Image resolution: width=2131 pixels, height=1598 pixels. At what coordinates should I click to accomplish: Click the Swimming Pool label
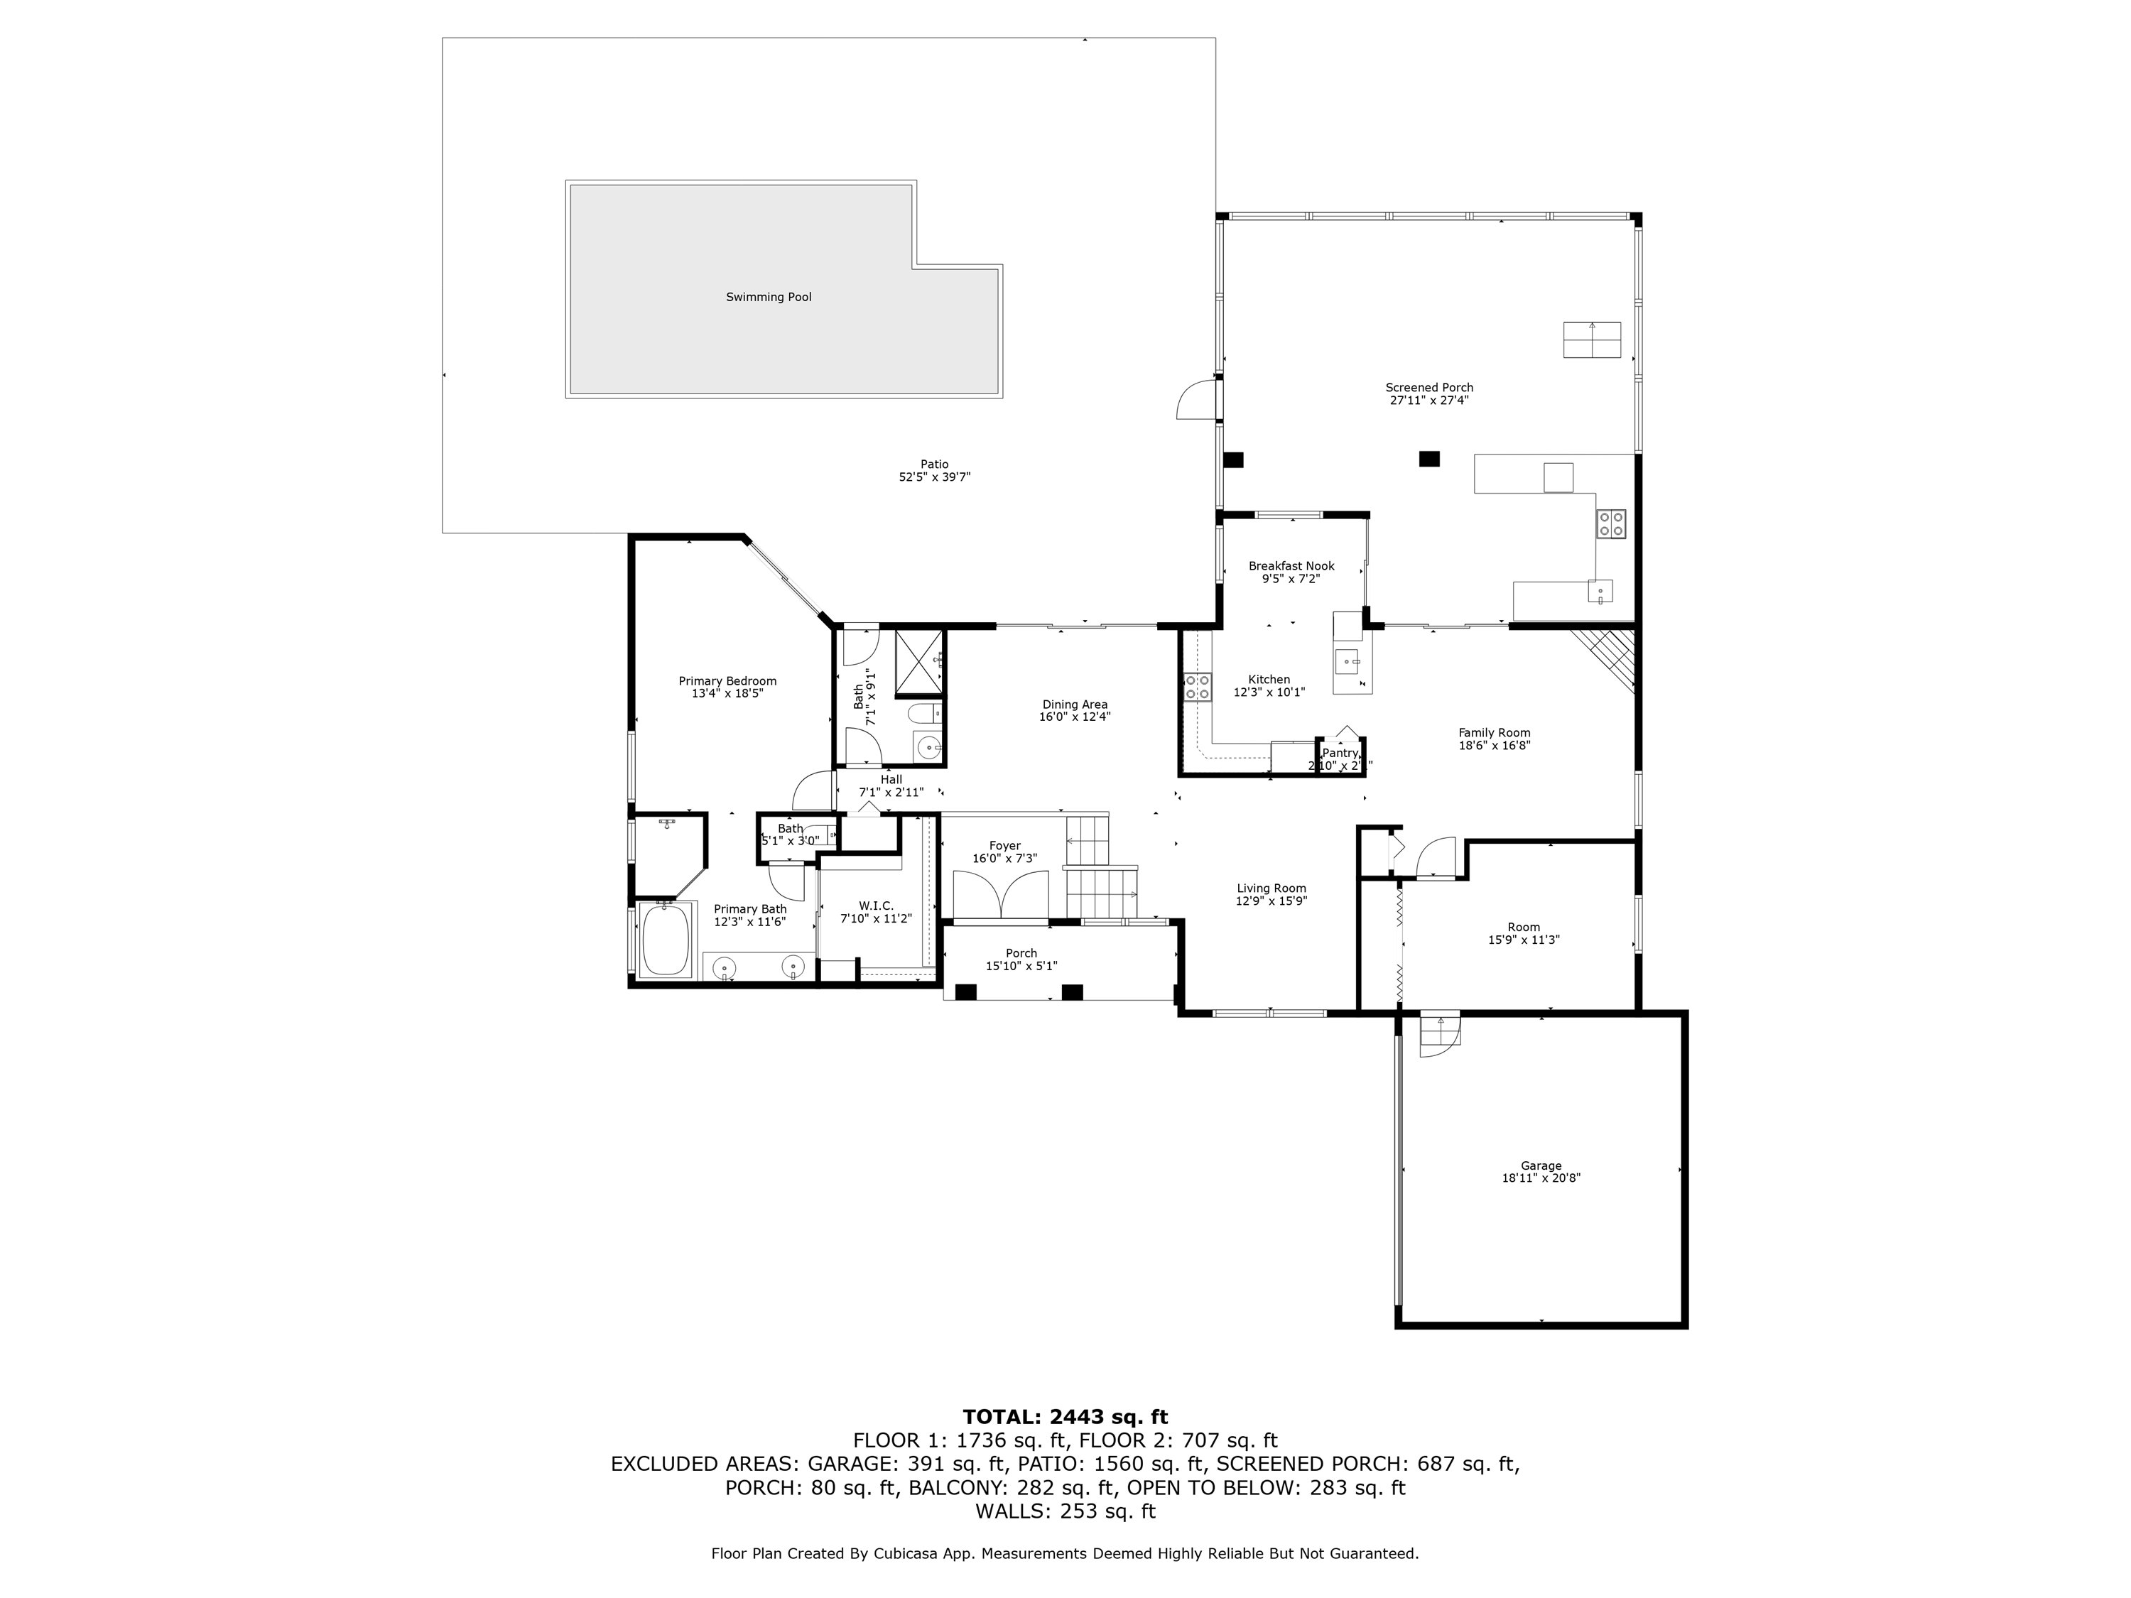point(768,297)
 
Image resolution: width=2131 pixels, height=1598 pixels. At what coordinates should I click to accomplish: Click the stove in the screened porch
point(1611,524)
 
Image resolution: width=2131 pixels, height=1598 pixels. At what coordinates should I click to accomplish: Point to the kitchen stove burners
point(1198,687)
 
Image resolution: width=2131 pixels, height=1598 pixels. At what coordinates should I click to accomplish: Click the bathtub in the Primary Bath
point(666,939)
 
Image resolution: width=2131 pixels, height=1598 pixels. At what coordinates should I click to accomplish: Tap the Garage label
point(1541,1165)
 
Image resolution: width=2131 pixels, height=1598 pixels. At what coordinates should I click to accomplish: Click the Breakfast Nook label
point(1291,566)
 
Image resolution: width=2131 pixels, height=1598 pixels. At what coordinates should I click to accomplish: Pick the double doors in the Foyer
point(1001,895)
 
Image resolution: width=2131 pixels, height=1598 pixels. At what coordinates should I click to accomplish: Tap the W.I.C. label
point(876,906)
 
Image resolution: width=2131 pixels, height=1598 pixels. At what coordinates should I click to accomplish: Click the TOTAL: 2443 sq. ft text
point(1065,1417)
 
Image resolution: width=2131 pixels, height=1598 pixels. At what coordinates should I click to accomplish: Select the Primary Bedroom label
point(727,681)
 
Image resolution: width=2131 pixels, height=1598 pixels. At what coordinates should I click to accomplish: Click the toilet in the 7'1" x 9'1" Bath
point(923,714)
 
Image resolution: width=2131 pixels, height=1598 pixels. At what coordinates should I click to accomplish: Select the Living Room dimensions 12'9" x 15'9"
point(1271,901)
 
